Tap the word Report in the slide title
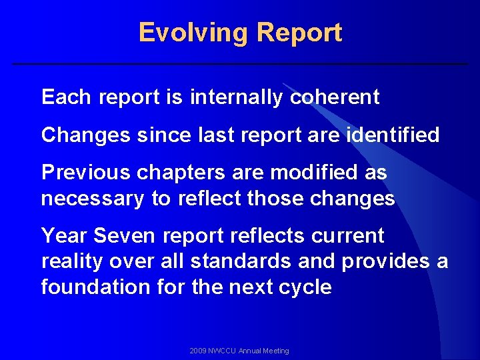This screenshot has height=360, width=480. pos(299,33)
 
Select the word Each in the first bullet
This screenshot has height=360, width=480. pos(66,97)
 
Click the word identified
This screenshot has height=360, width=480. pos(393,135)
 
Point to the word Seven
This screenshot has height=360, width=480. pos(121,235)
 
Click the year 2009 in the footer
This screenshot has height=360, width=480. pos(198,351)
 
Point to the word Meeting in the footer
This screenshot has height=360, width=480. pos(275,351)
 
